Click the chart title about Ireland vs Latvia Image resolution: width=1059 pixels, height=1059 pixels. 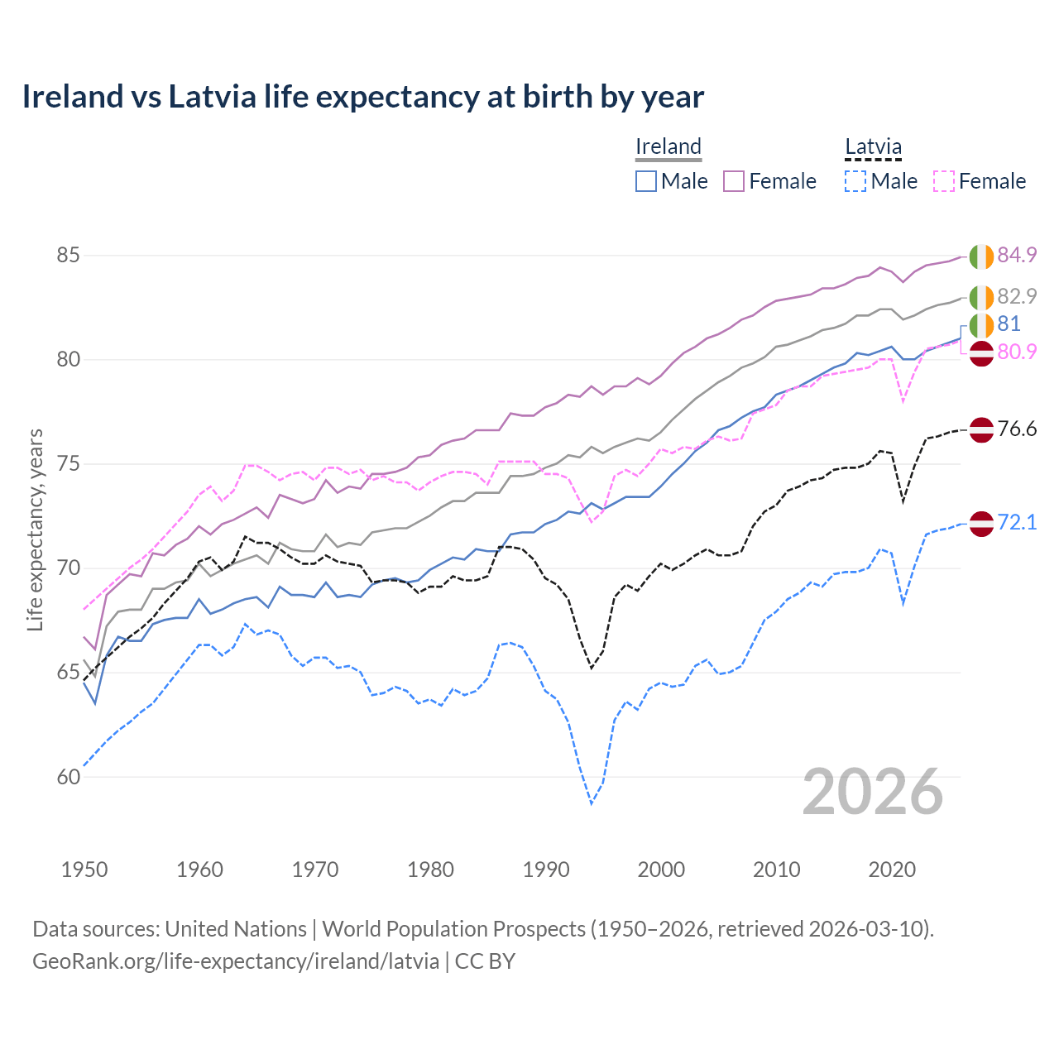[362, 97]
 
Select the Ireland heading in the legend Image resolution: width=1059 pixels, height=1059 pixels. [668, 146]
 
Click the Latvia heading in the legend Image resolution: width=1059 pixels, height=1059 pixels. [873, 146]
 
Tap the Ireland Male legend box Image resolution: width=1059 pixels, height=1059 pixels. [646, 181]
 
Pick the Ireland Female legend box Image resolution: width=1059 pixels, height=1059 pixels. [734, 181]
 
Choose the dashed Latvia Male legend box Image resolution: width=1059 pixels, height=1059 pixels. [855, 181]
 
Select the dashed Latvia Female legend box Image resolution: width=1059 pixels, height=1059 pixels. [943, 181]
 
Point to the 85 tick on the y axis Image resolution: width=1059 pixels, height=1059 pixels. [68, 256]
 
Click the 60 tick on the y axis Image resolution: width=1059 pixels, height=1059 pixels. [68, 777]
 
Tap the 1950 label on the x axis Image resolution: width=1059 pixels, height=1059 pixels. [84, 870]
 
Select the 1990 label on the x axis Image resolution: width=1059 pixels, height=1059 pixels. [546, 870]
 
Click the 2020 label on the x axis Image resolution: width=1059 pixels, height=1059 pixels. [892, 870]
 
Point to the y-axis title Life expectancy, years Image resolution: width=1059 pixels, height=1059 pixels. [35, 529]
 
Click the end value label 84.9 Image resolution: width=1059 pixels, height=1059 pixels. [1017, 255]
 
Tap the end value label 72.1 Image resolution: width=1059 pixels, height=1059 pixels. [1017, 522]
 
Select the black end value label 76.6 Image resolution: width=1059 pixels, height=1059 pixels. [1017, 429]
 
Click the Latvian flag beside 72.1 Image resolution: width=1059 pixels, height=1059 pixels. [981, 523]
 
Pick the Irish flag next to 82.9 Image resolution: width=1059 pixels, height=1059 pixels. [981, 297]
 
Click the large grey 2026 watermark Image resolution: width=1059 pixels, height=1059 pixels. [873, 792]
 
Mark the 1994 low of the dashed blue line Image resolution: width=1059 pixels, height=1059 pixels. [592, 803]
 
